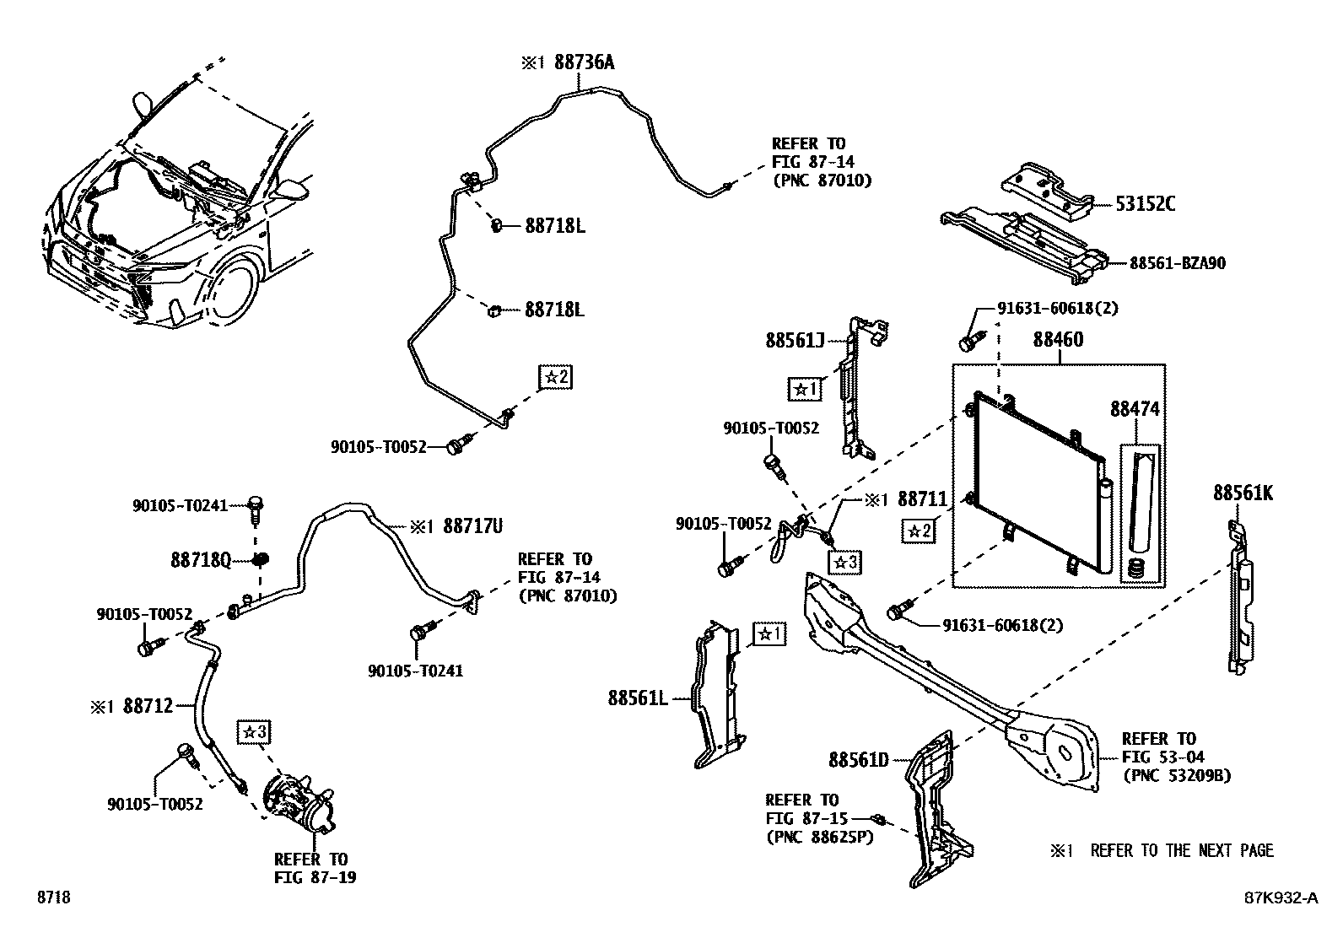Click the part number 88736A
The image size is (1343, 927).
pos(584,62)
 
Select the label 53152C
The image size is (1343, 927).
pos(1146,203)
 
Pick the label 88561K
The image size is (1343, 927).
pos(1243,493)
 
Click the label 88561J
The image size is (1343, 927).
pos(795,340)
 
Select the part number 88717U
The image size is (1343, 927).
pos(472,526)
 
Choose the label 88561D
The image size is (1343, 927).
pos(858,760)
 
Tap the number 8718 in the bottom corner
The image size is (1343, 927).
pos(53,897)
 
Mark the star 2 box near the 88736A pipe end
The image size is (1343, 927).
pos(554,377)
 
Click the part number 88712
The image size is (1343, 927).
pos(148,705)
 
